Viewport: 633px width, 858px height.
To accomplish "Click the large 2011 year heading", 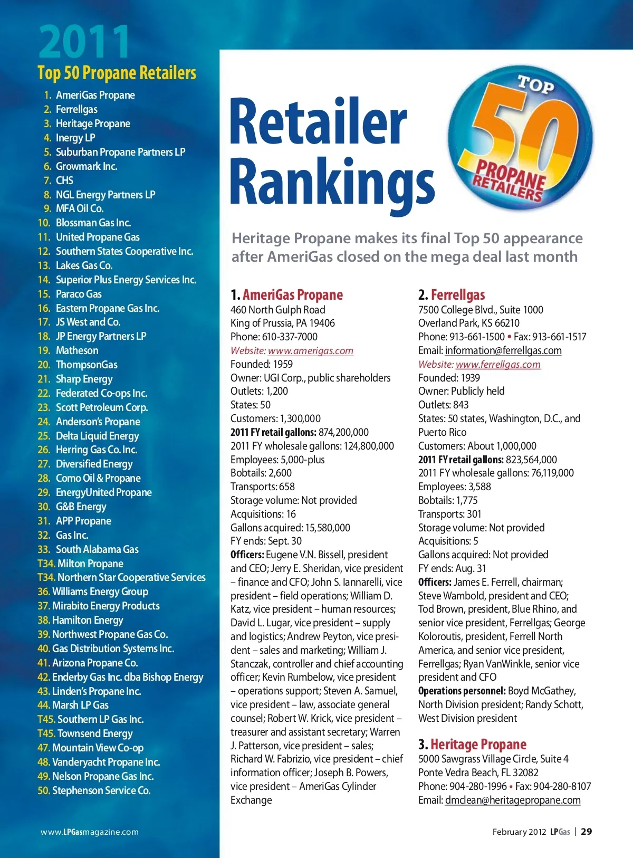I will [x=84, y=42].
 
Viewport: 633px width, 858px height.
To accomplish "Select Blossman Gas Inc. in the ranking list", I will [x=93, y=223].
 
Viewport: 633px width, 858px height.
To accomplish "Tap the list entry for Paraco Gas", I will [x=79, y=294].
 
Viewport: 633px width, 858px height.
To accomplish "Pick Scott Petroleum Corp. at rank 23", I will [x=101, y=407].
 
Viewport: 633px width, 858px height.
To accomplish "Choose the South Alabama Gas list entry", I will [x=97, y=549].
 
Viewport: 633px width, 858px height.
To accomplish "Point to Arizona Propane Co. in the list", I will [x=95, y=663].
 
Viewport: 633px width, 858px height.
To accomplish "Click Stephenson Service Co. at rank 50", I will [x=101, y=790].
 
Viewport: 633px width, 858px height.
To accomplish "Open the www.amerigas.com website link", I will [x=310, y=351].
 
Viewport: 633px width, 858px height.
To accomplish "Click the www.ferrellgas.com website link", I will [x=498, y=365].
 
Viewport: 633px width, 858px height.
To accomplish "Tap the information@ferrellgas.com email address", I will [x=503, y=351].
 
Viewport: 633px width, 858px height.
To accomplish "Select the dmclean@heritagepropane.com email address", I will [x=512, y=800].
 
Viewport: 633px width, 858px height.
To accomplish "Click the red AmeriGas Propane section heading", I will [x=292, y=295].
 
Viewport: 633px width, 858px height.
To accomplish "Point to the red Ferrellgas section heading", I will [x=457, y=295].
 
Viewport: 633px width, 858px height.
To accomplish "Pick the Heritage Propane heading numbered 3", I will [x=478, y=745].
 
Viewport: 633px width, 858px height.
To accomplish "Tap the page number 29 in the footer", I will [x=586, y=832].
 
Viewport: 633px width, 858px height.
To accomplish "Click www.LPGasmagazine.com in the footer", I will [x=90, y=832].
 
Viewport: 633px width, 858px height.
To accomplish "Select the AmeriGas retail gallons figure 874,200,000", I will [x=343, y=433].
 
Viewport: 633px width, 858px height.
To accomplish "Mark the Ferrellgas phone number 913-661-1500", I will [x=477, y=337].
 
